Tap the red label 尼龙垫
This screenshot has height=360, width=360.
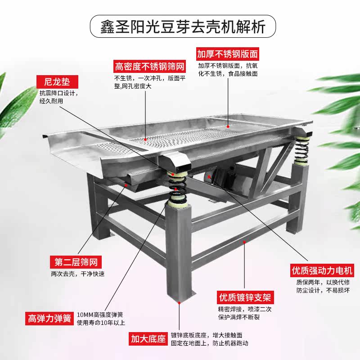click(57, 82)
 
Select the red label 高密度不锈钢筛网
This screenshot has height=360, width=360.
click(150, 67)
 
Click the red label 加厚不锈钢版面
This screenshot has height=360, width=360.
click(228, 54)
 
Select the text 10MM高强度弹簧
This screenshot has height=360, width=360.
click(100, 315)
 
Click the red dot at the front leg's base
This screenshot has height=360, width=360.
click(180, 302)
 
